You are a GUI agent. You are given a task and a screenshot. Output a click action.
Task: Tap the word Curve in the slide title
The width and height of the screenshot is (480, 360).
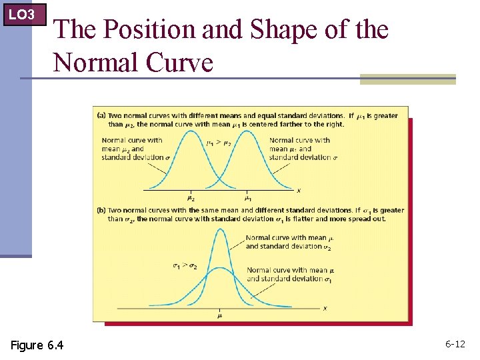click(x=179, y=63)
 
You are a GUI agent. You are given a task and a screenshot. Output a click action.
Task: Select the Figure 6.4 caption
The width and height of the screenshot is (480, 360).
click(x=37, y=345)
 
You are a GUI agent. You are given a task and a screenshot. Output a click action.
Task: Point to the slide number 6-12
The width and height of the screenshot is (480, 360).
click(x=455, y=344)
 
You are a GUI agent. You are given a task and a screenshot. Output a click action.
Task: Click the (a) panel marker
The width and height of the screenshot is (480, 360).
click(x=101, y=115)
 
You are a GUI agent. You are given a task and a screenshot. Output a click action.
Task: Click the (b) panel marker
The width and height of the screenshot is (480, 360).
click(x=101, y=211)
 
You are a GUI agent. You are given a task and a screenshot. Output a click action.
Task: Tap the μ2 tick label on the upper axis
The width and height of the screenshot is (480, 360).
click(x=191, y=197)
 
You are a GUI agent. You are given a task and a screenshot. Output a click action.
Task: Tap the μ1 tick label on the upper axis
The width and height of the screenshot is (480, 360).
click(x=247, y=197)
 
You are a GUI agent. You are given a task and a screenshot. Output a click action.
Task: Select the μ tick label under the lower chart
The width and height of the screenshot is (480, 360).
click(x=219, y=316)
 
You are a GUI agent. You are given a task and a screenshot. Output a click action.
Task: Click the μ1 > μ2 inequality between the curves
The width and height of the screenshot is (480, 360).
click(x=219, y=142)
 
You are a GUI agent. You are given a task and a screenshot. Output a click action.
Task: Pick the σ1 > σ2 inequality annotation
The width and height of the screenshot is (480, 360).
click(x=185, y=265)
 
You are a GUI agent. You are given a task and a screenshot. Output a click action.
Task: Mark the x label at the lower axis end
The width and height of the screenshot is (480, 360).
click(x=325, y=308)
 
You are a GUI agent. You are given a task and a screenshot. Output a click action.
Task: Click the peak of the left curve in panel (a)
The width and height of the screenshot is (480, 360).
click(x=191, y=130)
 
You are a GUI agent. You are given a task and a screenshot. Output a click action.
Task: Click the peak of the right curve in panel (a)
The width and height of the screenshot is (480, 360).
click(x=247, y=130)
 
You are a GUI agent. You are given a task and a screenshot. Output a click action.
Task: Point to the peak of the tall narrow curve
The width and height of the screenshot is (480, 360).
click(x=219, y=229)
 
